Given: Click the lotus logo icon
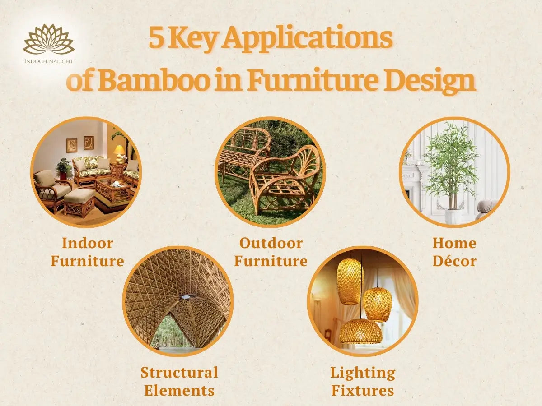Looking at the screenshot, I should [x=48, y=40].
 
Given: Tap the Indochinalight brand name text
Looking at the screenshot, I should [x=48, y=60].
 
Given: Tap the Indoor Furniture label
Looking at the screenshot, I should [x=87, y=252].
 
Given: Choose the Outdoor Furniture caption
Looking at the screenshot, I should [x=271, y=252].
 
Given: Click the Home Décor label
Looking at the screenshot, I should [x=454, y=252].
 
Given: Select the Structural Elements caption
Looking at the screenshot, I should [x=179, y=381].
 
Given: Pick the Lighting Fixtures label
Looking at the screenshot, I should [x=362, y=381].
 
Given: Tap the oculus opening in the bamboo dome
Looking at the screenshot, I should [x=185, y=297].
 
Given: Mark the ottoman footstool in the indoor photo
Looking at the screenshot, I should [x=79, y=202].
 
